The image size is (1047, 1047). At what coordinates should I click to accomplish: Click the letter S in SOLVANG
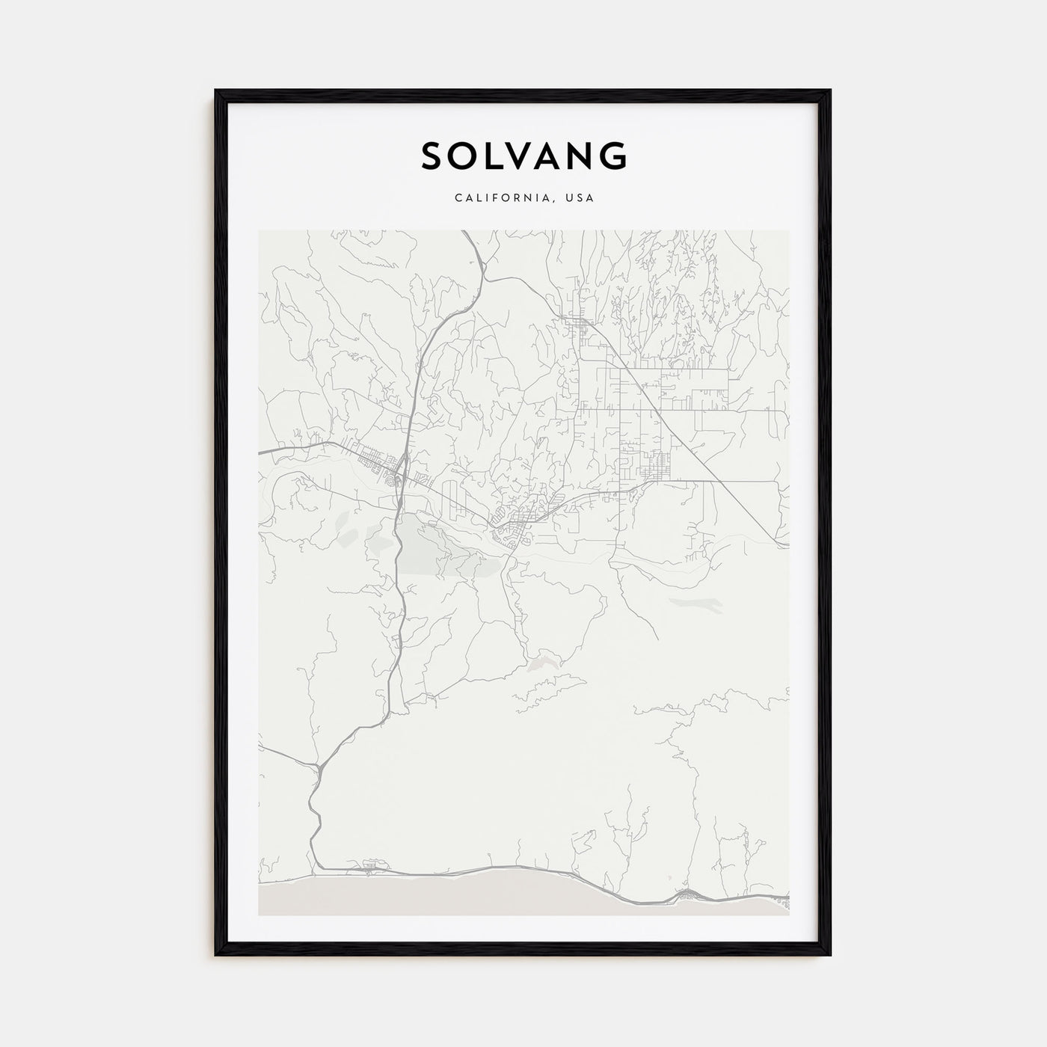coord(434,156)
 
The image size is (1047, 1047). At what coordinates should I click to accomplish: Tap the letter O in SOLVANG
coord(467,156)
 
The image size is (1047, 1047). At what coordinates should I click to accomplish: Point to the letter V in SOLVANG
coord(524,156)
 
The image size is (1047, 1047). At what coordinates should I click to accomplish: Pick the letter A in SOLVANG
coord(554,156)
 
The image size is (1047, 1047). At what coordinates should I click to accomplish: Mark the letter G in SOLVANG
coord(615,156)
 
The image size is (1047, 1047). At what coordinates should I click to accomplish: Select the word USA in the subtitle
coord(580,198)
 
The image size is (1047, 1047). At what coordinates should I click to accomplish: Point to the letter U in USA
coord(569,198)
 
